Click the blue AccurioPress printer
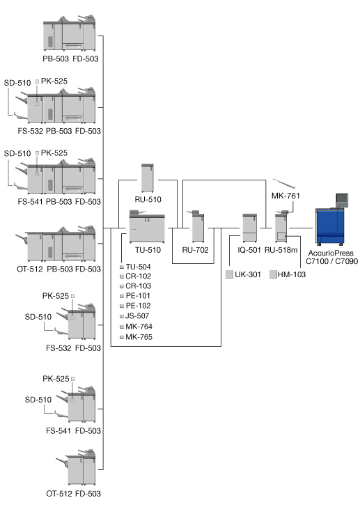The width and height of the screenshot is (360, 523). [330, 227]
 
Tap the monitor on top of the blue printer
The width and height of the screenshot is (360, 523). [342, 200]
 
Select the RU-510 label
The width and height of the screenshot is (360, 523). [148, 199]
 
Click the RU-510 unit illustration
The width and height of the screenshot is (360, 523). [148, 178]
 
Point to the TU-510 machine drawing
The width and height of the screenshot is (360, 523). [147, 226]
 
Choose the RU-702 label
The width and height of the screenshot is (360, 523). [195, 250]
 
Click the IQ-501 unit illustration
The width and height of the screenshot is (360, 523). [249, 228]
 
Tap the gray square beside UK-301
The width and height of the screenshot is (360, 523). [229, 274]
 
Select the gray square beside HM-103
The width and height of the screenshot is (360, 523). [273, 274]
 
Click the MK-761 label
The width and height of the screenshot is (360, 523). [285, 196]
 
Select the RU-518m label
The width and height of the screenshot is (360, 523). [281, 250]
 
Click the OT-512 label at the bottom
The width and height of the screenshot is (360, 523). [59, 494]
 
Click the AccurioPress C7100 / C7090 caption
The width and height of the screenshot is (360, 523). [331, 257]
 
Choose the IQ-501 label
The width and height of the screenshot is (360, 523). [249, 250]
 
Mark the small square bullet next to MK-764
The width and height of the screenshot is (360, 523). [122, 327]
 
